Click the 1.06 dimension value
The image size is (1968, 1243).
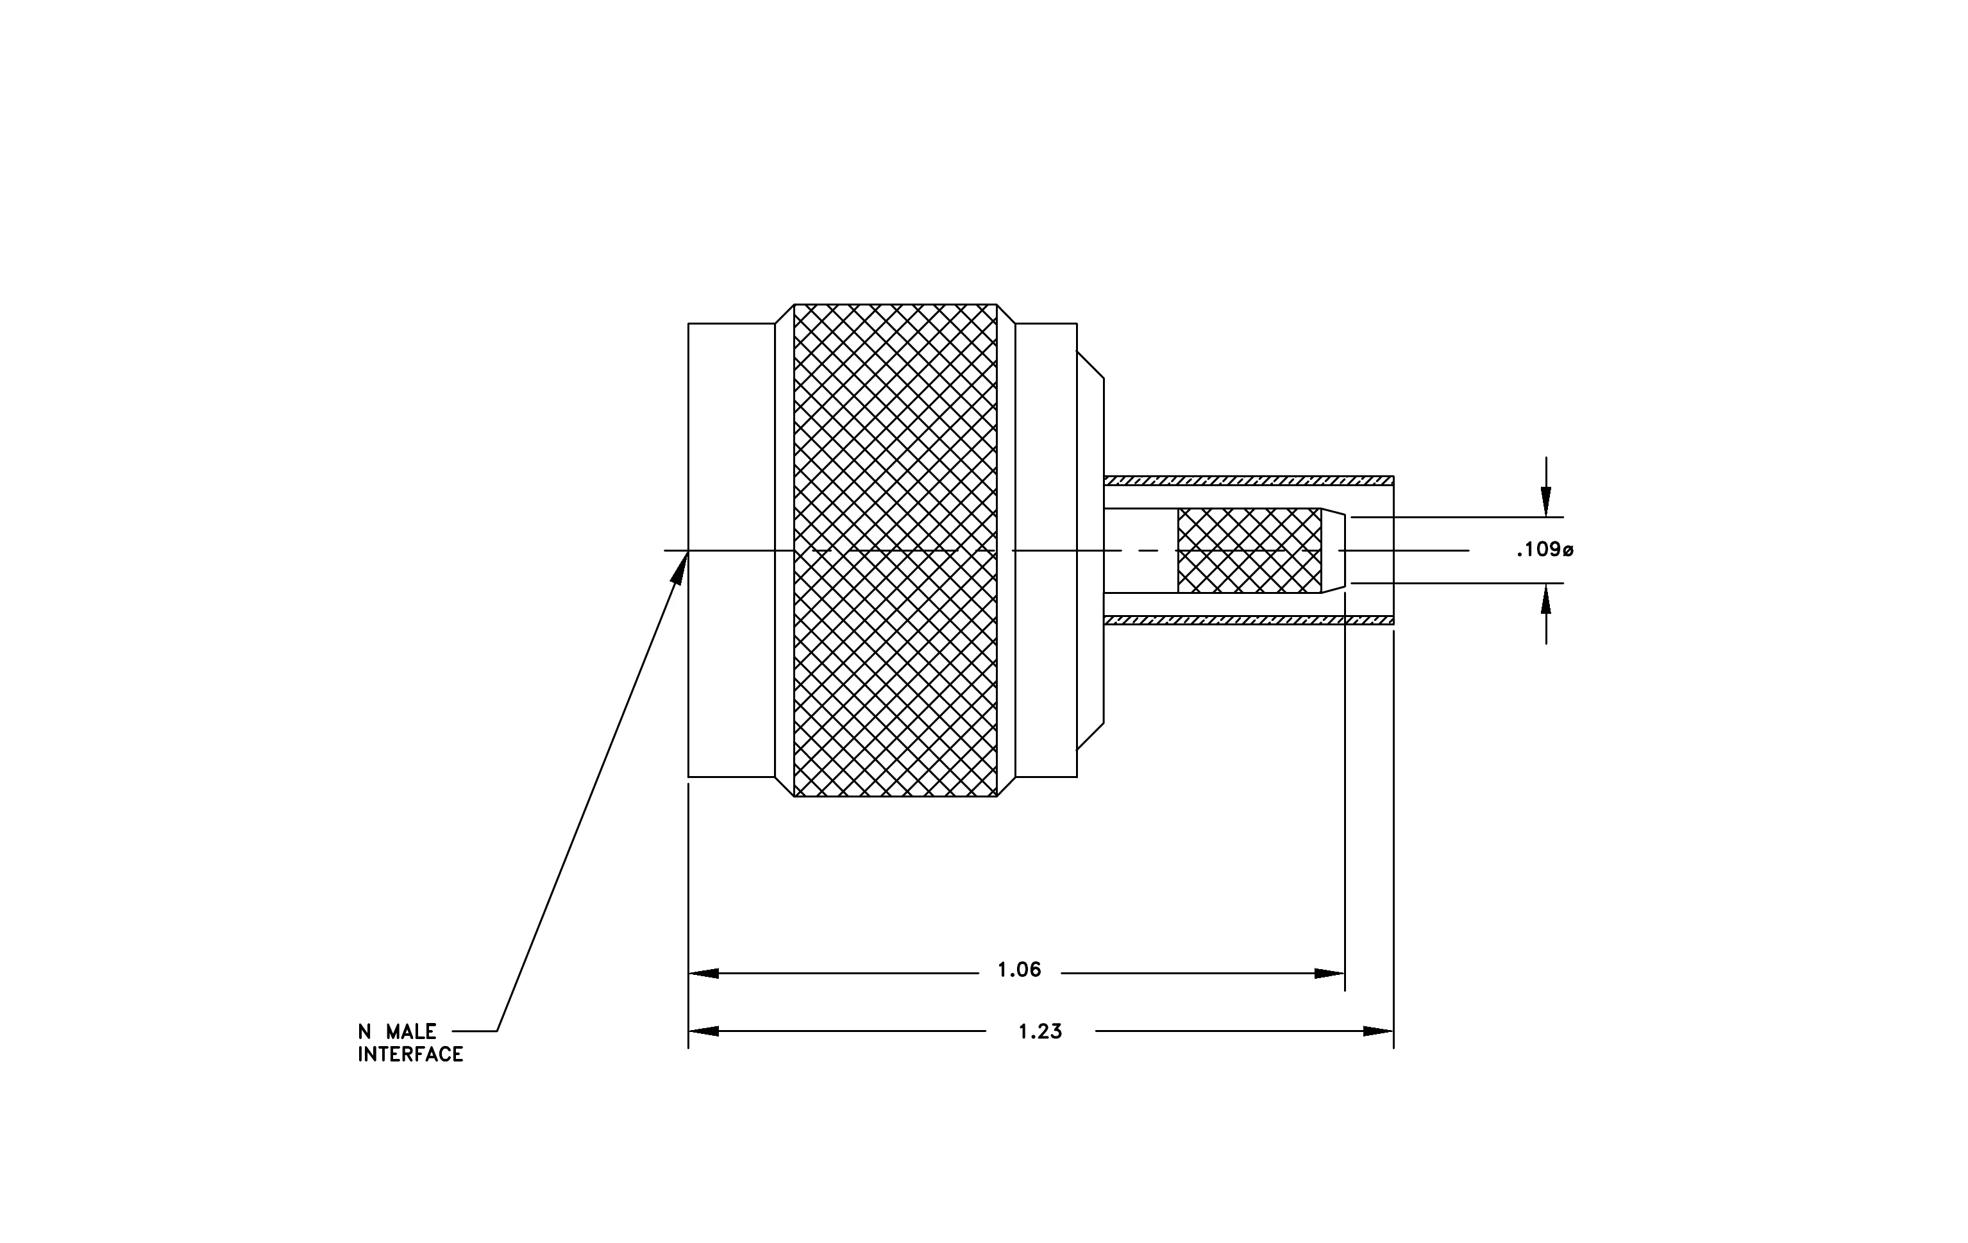point(1019,970)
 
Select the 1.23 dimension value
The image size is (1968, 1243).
point(1040,1032)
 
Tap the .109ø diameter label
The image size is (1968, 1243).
point(1545,550)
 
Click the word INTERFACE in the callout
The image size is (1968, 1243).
point(410,1055)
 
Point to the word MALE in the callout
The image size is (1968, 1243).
point(411,1032)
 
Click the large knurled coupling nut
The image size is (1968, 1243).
point(895,550)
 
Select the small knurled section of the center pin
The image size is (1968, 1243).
point(1249,551)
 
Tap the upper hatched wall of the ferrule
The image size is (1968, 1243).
point(1249,480)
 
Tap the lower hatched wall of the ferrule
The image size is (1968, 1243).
point(1249,620)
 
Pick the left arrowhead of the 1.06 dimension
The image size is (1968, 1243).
point(703,974)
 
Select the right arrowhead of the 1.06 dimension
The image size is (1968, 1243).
point(1330,974)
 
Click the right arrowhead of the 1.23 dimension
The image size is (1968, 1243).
point(1379,1031)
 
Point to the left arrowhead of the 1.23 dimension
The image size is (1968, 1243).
point(703,1031)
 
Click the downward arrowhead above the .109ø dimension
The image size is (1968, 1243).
point(1545,503)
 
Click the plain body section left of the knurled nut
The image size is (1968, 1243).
point(732,550)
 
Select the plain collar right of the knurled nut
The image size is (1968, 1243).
point(1046,550)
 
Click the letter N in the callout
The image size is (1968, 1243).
point(364,1032)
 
